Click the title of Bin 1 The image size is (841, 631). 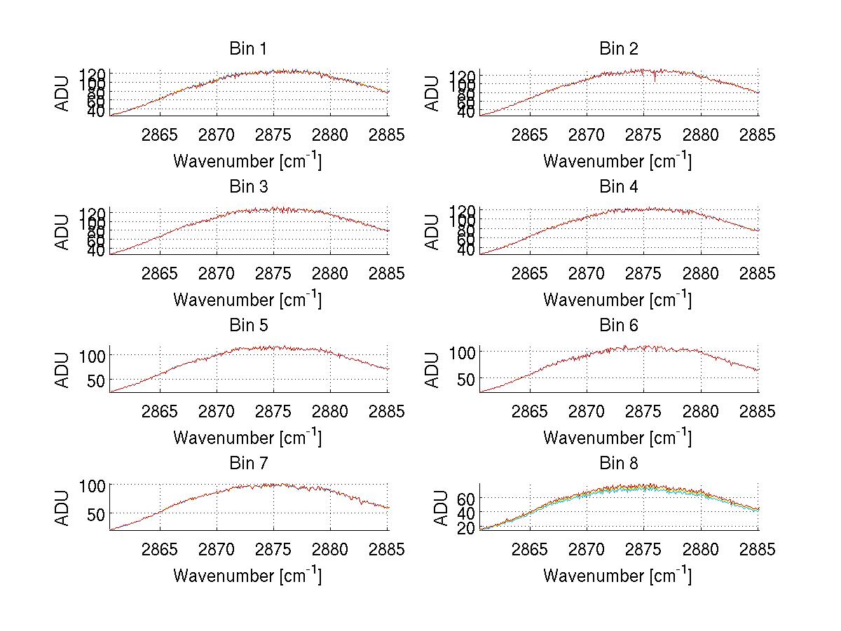click(247, 49)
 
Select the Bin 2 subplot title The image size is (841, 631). click(618, 49)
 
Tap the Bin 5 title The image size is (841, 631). click(247, 326)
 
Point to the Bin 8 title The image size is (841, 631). click(618, 464)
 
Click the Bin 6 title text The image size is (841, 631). click(618, 326)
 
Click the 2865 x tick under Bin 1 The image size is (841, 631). click(160, 135)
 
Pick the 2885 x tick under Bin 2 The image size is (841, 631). click(758, 135)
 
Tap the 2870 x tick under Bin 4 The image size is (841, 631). click(587, 274)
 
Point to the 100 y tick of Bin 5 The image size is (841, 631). click(94, 355)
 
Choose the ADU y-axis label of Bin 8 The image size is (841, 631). click(441, 508)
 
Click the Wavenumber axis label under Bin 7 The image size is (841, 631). click(247, 576)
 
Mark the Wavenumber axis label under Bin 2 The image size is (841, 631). click(617, 161)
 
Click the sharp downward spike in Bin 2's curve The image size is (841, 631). click(655, 80)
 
